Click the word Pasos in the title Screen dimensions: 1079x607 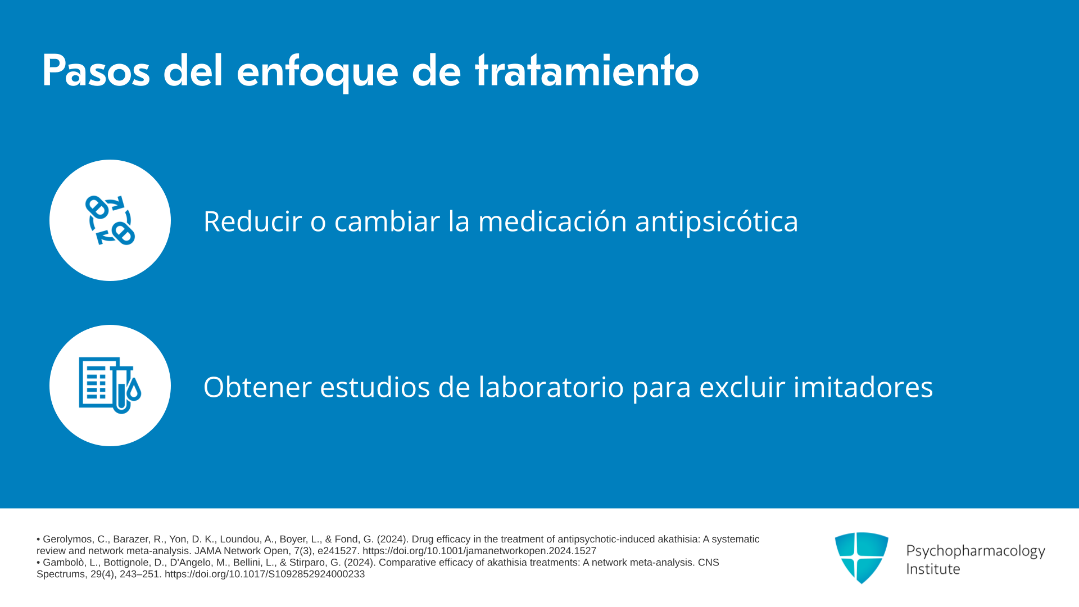pos(96,71)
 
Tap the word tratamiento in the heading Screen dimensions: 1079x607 pos(587,71)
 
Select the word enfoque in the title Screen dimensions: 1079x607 pos(318,73)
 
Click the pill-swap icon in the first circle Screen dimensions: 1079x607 pos(110,220)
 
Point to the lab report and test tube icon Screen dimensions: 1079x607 pos(110,386)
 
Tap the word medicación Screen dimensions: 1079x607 pos(552,221)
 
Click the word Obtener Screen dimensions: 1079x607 pos(257,387)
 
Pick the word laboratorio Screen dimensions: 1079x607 pos(551,387)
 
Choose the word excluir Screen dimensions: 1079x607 pos(742,387)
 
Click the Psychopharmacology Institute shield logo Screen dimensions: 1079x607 pos(862,558)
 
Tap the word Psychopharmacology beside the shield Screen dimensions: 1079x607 pos(976,551)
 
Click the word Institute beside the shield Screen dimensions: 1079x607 pos(933,569)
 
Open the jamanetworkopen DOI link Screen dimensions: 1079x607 pos(479,551)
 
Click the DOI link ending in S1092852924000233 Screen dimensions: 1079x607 pos(265,574)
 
